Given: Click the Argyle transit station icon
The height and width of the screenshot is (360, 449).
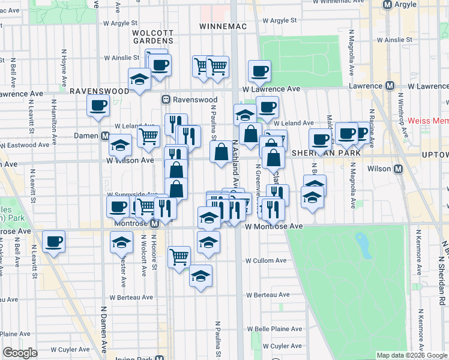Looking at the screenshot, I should (x=387, y=4).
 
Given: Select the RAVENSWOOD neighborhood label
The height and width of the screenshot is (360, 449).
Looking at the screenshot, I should (x=99, y=91).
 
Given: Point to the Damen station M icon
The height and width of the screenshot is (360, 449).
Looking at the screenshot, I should (x=104, y=136).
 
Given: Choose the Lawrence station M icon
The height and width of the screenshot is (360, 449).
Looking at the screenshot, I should (x=390, y=86).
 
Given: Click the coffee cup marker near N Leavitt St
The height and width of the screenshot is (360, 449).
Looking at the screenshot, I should (x=54, y=242).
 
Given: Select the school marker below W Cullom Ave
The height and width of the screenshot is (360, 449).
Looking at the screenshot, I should (x=201, y=277).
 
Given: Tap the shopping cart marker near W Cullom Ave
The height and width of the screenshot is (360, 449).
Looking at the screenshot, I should (x=179, y=257).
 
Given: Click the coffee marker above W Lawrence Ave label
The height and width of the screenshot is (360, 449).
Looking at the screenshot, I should (x=259, y=71).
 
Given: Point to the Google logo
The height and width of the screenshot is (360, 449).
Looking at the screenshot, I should (x=20, y=353).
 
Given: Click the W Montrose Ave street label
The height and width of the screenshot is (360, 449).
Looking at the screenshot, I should (x=274, y=226).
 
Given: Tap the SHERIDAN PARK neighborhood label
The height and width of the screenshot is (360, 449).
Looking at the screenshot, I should (x=326, y=153).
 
